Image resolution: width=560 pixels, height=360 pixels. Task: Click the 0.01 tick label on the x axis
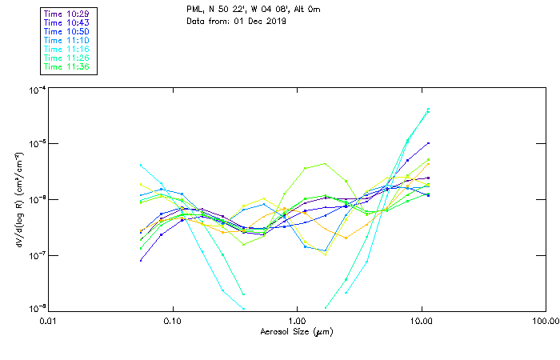[48, 321]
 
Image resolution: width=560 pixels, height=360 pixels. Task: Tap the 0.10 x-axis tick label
[172, 321]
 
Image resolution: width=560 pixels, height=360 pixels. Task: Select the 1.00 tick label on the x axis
[297, 321]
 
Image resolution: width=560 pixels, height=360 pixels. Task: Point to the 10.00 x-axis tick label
[421, 321]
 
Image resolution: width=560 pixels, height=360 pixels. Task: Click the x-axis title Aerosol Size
[296, 331]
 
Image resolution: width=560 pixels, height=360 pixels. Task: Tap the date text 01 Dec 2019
[261, 21]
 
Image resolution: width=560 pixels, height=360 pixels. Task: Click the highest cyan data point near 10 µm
[428, 110]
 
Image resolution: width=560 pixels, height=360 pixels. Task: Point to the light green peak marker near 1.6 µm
[324, 164]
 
